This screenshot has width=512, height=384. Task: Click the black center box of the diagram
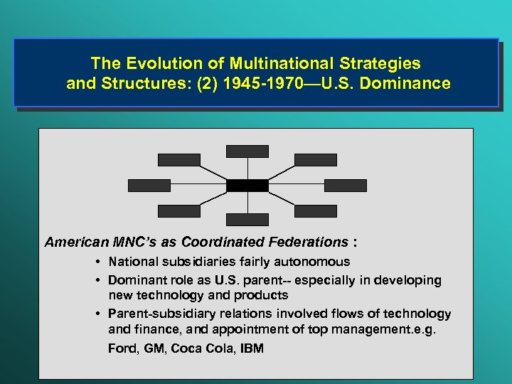[247, 186]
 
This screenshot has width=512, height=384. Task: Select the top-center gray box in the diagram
[247, 151]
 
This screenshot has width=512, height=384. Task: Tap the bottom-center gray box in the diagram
[247, 220]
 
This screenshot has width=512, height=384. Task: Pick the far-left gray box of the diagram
[149, 186]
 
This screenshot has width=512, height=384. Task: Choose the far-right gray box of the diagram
[346, 186]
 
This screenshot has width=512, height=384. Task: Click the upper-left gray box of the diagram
[179, 160]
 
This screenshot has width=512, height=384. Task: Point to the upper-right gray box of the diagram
[316, 160]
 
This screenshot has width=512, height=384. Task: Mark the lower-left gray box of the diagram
[179, 211]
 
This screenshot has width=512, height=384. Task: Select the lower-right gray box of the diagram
[316, 211]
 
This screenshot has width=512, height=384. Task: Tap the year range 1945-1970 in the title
[264, 84]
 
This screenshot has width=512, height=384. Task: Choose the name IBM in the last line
[252, 348]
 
